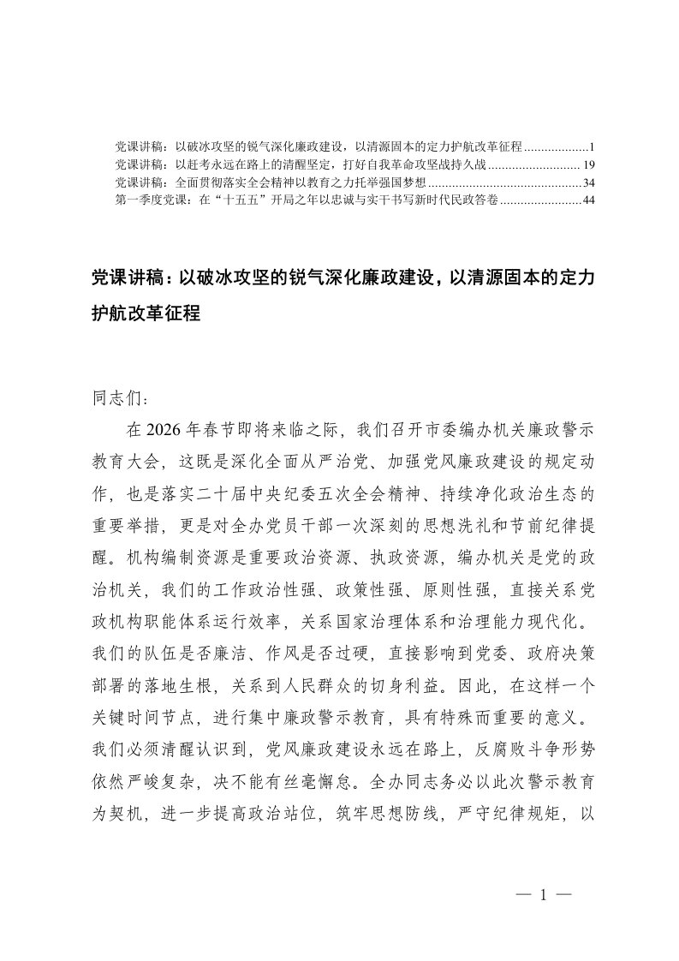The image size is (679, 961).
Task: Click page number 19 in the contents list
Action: (x=587, y=163)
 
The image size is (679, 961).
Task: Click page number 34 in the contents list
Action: (x=587, y=183)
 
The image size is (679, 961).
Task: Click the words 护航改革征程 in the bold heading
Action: (x=145, y=313)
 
